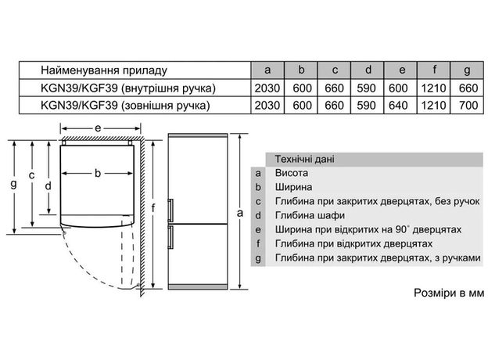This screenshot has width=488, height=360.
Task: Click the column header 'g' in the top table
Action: [466, 69]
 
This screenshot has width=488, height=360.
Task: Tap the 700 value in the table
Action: [466, 103]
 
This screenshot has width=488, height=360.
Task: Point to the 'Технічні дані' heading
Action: [304, 159]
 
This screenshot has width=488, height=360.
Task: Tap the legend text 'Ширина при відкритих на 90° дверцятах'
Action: [364, 229]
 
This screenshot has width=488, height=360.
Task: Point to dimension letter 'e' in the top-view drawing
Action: [97, 127]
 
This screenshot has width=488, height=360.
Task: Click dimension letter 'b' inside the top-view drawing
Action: [98, 173]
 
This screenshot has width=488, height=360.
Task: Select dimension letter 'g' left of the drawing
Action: [13, 185]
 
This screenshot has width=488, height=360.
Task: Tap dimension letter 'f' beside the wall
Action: [155, 207]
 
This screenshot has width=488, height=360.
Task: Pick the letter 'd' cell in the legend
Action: [257, 215]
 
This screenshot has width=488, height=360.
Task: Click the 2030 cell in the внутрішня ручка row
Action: [267, 87]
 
